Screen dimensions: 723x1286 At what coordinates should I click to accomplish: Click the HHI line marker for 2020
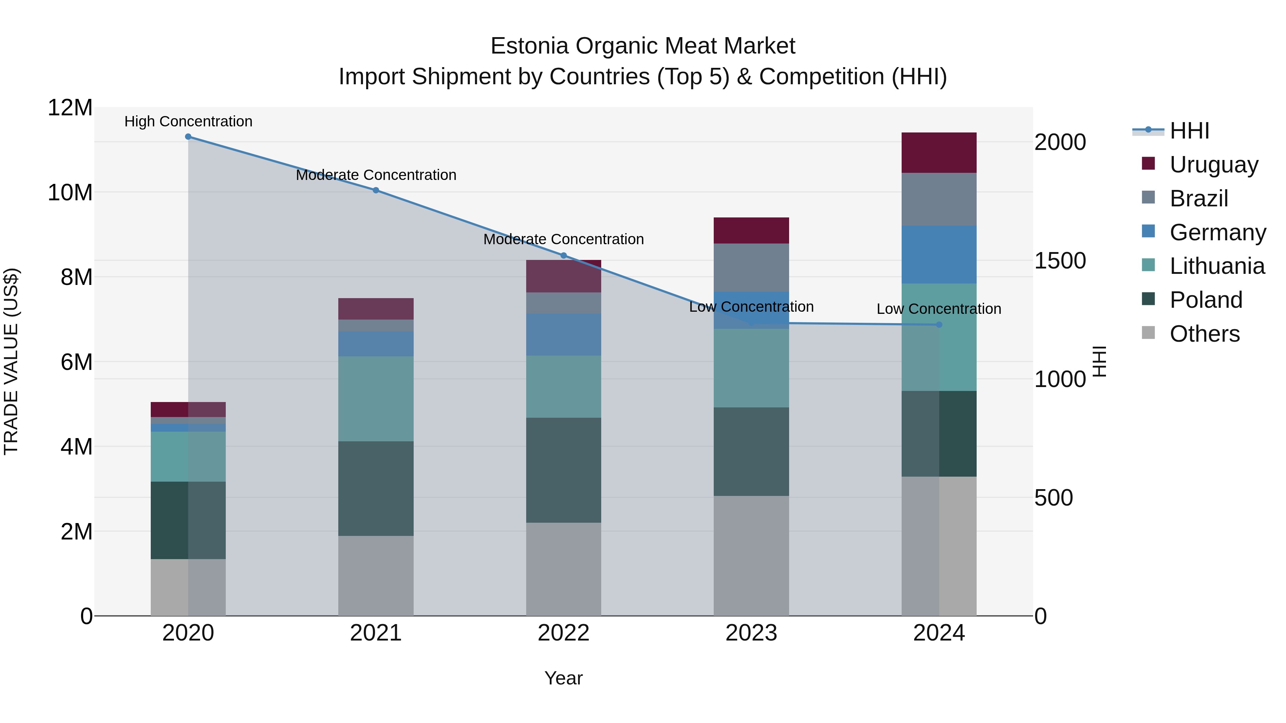click(x=188, y=137)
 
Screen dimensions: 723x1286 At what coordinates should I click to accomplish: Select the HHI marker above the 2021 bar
click(x=376, y=190)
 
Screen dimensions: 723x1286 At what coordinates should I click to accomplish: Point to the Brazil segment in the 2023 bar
click(x=751, y=267)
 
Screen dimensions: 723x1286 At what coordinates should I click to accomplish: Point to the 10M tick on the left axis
click(x=70, y=192)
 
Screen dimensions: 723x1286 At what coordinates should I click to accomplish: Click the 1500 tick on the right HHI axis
click(x=1060, y=261)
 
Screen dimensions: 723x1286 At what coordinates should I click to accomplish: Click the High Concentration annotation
click(x=188, y=121)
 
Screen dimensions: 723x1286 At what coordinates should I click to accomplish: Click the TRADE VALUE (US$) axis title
click(x=11, y=361)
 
